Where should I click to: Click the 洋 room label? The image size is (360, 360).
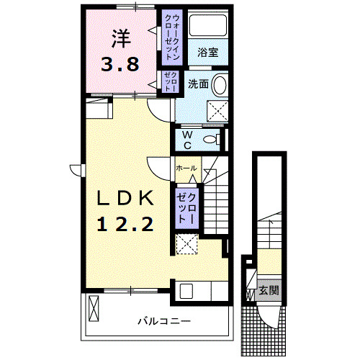pos(120,37)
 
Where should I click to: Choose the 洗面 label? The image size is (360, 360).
pos(199,84)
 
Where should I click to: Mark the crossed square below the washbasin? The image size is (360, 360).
pos(217,109)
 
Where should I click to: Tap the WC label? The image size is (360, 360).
pos(186,140)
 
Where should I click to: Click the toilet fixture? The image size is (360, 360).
pos(213,140)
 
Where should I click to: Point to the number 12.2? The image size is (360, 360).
pos(125,224)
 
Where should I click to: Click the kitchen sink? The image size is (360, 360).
pos(186,292)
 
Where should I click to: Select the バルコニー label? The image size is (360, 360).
pos(165,321)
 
